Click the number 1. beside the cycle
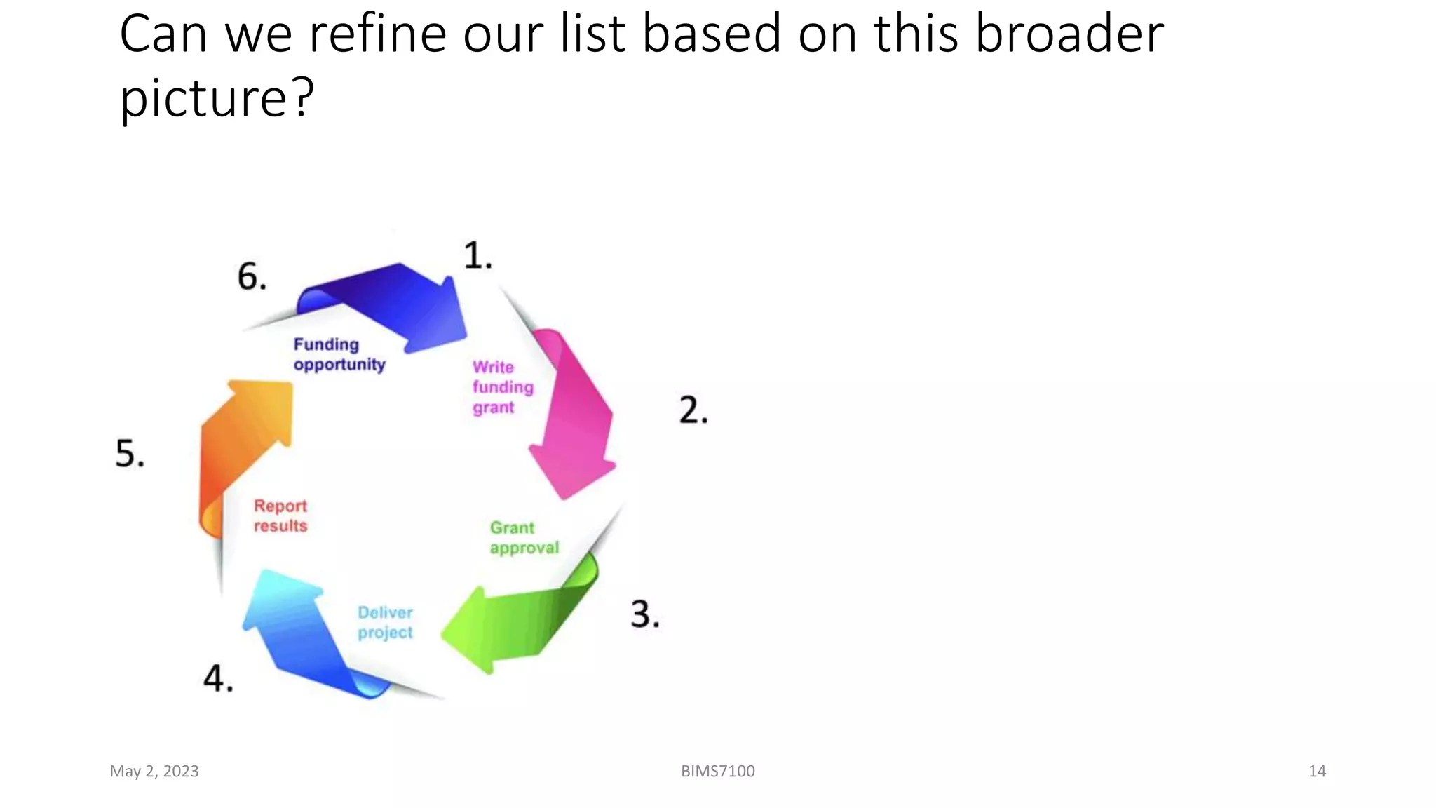477,255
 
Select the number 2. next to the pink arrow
693,410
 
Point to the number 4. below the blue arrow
218,678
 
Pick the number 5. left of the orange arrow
130,453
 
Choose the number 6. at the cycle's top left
252,276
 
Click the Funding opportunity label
339,354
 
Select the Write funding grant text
502,387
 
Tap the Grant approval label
524,538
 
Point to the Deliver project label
385,622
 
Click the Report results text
280,516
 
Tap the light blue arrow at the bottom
302,631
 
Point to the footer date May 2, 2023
154,771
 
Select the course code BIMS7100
718,771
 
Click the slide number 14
1317,771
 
